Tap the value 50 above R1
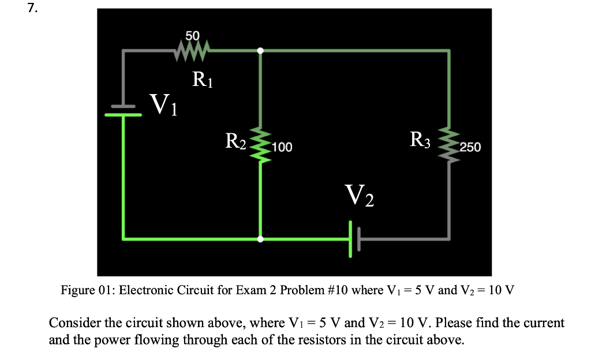click(192, 36)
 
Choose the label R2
click(235, 141)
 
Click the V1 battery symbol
click(123, 110)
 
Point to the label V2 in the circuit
click(359, 196)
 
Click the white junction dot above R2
click(260, 51)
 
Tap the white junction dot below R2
click(260, 238)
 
